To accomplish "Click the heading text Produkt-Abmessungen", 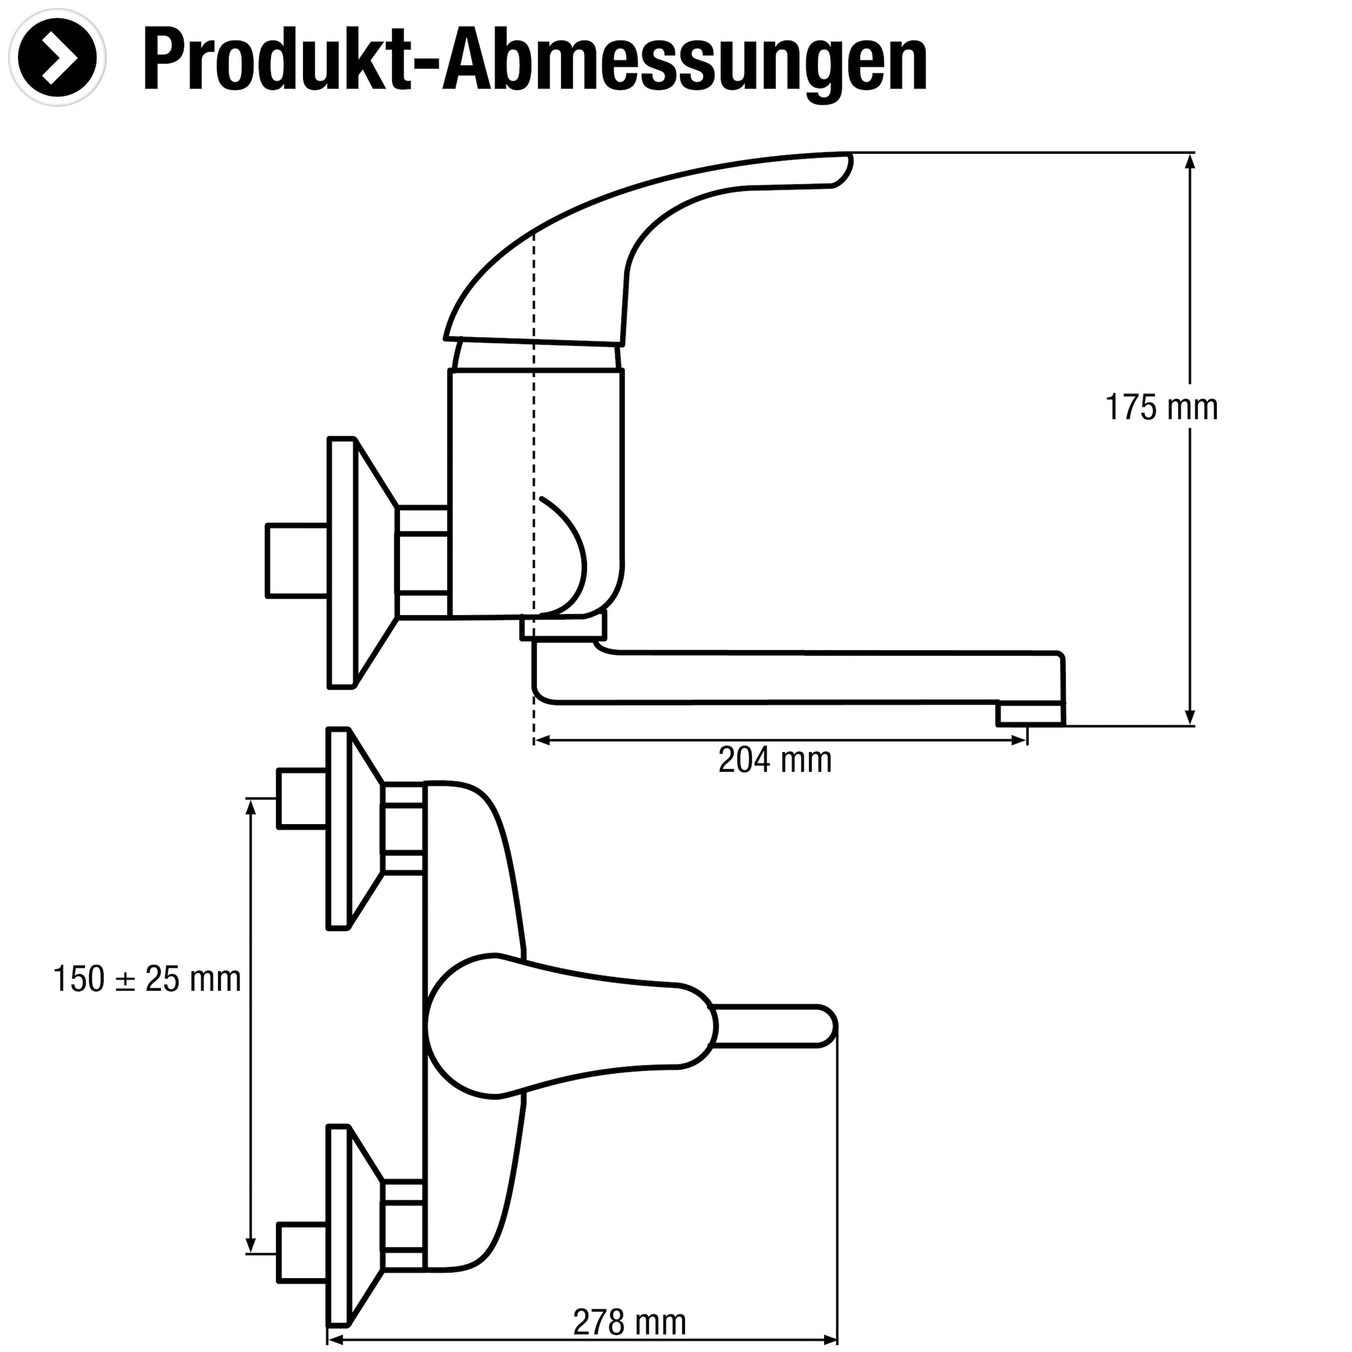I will [x=535, y=61].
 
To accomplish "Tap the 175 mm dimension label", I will [x=1161, y=407].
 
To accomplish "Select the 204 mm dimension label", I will [x=775, y=760].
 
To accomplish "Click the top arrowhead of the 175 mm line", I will [x=1190, y=161].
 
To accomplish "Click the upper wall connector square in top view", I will [x=303, y=798].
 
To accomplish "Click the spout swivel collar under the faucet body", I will [x=563, y=627].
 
